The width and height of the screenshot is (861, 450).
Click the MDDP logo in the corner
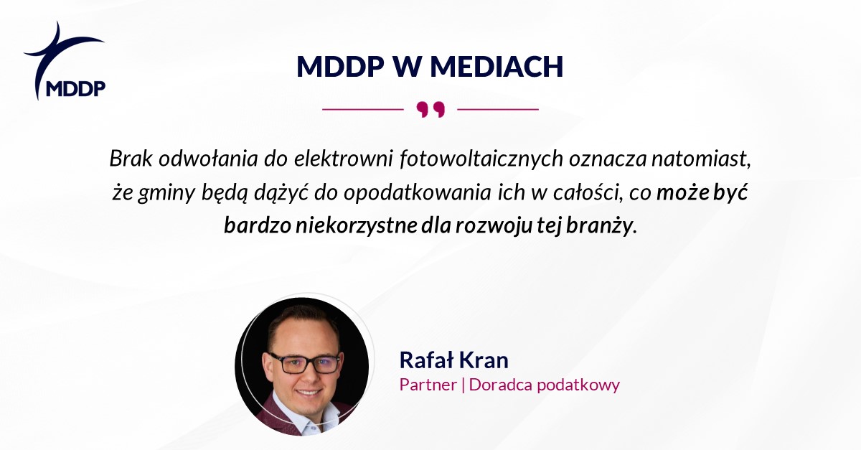pyautogui.click(x=65, y=61)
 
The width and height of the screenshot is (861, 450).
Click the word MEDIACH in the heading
pyautogui.click(x=497, y=67)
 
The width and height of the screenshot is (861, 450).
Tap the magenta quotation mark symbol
pyautogui.click(x=430, y=110)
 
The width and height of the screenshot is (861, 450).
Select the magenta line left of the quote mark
pyautogui.click(x=363, y=109)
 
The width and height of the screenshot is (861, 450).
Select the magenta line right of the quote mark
pyautogui.click(x=498, y=109)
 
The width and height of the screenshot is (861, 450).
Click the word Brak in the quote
pyautogui.click(x=131, y=158)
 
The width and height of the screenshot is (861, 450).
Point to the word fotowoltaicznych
pyautogui.click(x=481, y=159)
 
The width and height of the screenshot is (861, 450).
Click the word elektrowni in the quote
pyautogui.click(x=343, y=158)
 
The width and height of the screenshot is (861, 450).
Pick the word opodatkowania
pyautogui.click(x=418, y=192)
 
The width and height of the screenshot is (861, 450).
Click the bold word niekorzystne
pyautogui.click(x=357, y=226)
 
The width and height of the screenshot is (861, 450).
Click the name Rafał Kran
pyautogui.click(x=454, y=360)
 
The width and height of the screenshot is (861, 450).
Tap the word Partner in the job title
pyautogui.click(x=428, y=385)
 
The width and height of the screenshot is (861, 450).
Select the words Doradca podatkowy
pyautogui.click(x=545, y=385)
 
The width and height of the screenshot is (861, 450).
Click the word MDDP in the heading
pyautogui.click(x=340, y=67)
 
